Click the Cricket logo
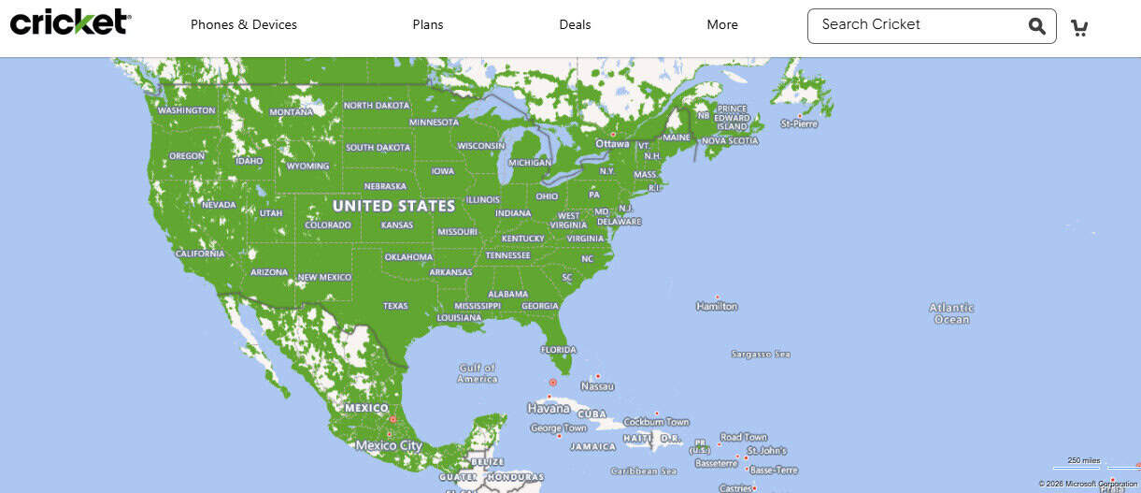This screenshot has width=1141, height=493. click(70, 22)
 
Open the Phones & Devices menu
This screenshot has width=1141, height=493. click(243, 25)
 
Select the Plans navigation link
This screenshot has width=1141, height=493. click(428, 25)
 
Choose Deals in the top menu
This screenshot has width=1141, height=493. click(575, 25)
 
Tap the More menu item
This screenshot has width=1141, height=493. click(722, 25)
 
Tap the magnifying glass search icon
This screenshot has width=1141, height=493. click(1037, 26)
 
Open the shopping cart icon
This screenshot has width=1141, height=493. click(1079, 27)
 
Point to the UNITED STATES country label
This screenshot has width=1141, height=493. click(393, 206)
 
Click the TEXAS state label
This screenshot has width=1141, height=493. click(395, 306)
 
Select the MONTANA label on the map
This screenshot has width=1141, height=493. click(291, 112)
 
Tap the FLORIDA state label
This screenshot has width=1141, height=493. click(559, 350)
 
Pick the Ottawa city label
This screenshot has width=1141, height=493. click(613, 144)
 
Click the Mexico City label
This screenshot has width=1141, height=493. click(388, 445)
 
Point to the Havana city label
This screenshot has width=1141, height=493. click(549, 409)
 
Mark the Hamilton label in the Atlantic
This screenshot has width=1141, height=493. click(717, 306)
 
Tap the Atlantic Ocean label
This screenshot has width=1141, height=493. click(951, 313)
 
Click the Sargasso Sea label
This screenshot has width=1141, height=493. click(761, 355)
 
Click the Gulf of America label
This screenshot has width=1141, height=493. click(478, 373)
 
